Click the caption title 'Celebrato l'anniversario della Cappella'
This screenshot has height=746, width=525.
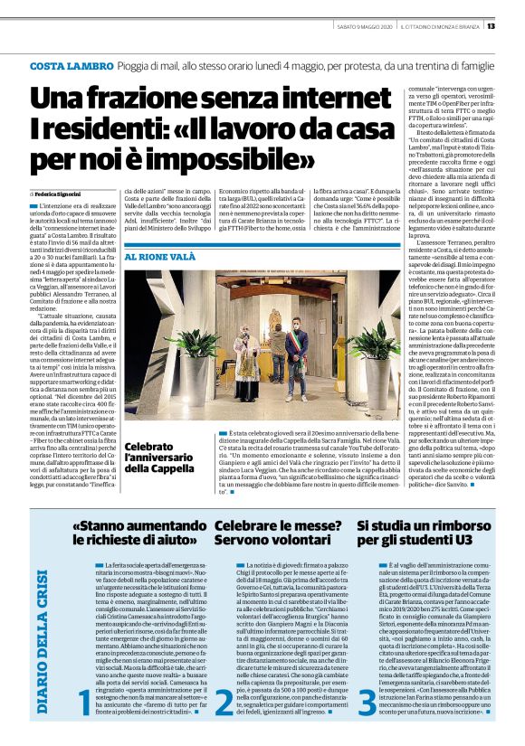tap(149, 458)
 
